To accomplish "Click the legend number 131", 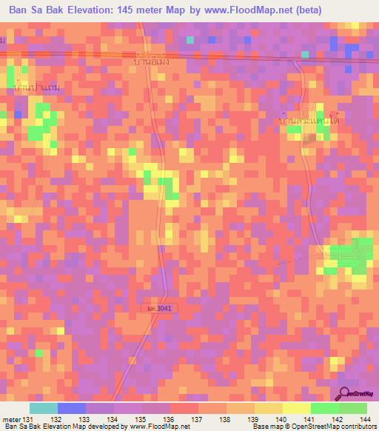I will coord(28,419).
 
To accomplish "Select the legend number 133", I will coord(86,419).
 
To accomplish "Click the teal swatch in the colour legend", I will coord(44,407).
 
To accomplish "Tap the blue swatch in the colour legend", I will coord(72,407).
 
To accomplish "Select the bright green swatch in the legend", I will coord(325,407).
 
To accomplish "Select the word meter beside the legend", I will coord(10,419).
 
